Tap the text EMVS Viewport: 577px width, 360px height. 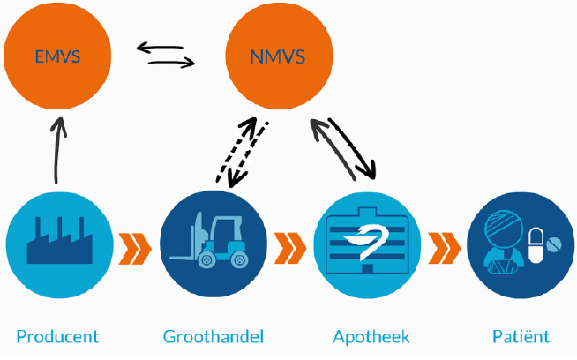[x=57, y=58]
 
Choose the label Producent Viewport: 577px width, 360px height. [x=57, y=336]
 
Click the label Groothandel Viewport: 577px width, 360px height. [x=214, y=336]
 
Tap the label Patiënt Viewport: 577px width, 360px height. [x=521, y=336]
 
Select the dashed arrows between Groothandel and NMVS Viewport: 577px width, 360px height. [x=245, y=152]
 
